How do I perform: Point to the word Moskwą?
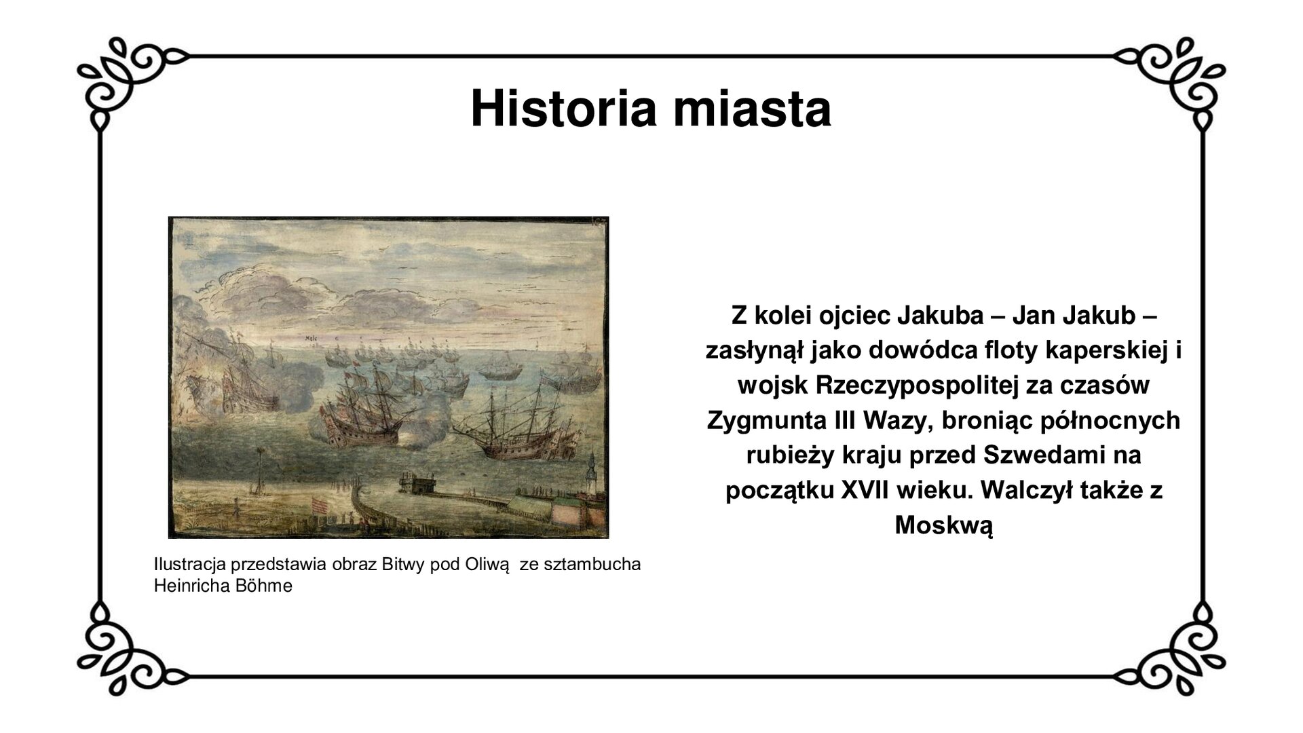[x=944, y=525]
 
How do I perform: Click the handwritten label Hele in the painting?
[x=313, y=337]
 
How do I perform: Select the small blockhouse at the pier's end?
[x=416, y=484]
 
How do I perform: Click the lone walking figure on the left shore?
[x=235, y=504]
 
